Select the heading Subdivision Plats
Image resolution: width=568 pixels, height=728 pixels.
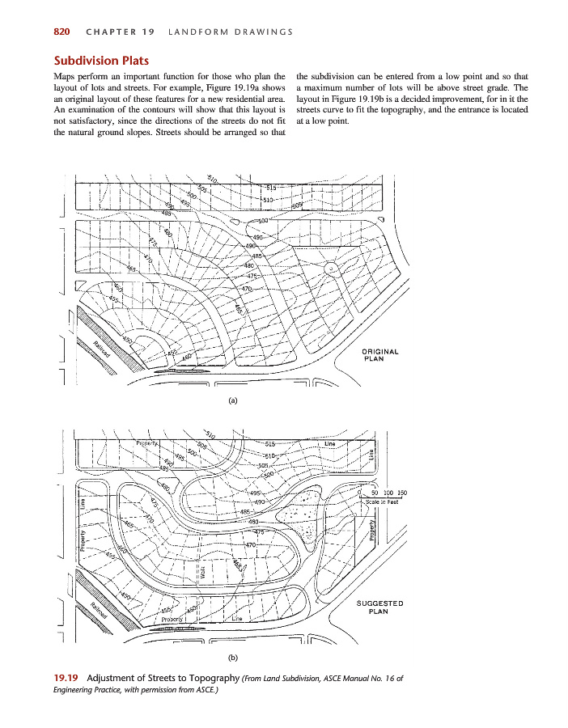tap(101, 60)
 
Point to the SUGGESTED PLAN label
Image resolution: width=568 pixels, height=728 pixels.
tap(379, 607)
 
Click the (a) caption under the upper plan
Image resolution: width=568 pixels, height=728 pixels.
tap(234, 400)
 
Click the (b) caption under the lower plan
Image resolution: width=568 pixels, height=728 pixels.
tap(234, 659)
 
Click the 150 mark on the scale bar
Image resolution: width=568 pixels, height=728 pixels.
tap(401, 493)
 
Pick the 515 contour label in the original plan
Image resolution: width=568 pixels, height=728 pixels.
tap(271, 187)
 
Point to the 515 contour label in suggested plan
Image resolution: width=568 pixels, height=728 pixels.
tap(270, 444)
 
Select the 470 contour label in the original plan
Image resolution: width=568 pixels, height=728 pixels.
tap(248, 289)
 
